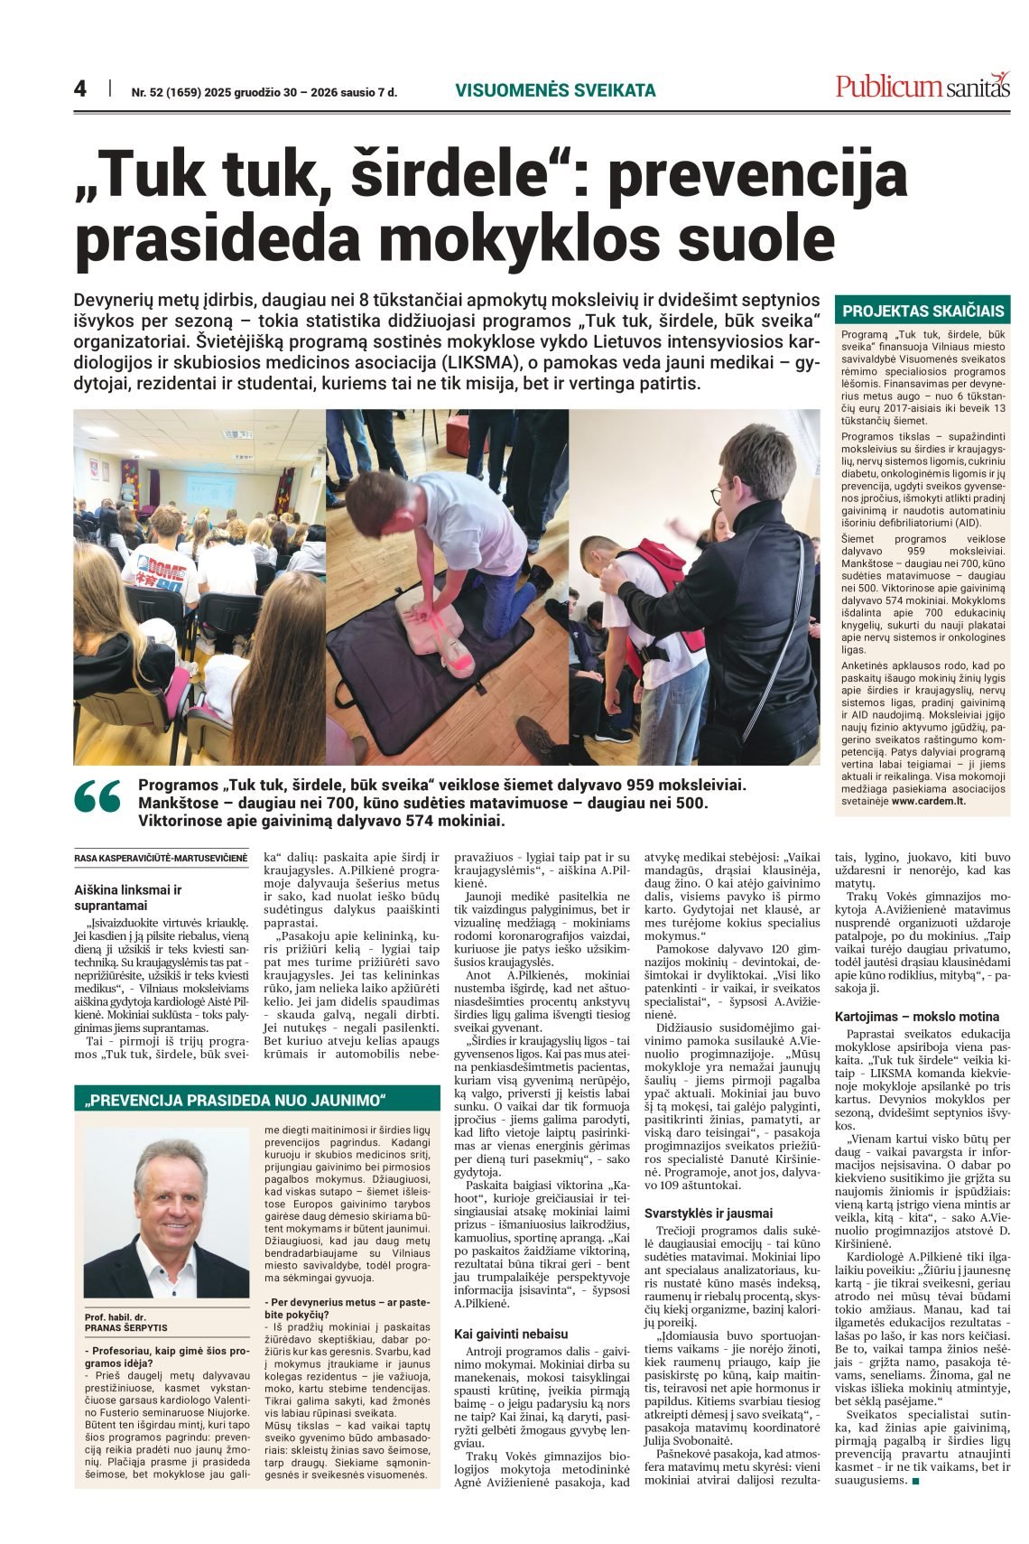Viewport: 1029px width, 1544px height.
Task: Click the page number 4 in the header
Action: [80, 89]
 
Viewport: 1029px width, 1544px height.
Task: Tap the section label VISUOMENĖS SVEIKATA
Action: [555, 90]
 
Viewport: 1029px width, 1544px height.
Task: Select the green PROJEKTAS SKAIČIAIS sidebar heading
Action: [922, 311]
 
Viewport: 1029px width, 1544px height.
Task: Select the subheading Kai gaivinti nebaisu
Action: [511, 1333]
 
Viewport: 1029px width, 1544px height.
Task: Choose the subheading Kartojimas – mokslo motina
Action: [917, 1016]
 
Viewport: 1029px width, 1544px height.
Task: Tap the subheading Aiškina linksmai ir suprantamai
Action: [127, 897]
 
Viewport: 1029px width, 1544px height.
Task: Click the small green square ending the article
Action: [915, 1482]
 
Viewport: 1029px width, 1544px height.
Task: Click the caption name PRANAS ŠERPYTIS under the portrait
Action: [125, 1328]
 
